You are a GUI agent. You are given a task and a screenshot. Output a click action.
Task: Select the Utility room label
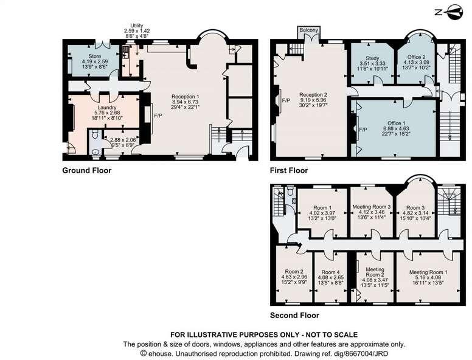click(136, 26)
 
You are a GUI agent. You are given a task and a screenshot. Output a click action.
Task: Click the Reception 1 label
click(188, 97)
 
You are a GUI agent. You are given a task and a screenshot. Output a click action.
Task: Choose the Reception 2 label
click(313, 95)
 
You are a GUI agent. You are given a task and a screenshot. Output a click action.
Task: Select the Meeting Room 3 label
click(372, 207)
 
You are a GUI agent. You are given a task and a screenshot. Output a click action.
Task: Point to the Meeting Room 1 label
click(428, 272)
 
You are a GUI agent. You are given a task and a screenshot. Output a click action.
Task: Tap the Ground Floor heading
click(87, 171)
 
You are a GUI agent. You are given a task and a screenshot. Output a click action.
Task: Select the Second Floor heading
click(295, 316)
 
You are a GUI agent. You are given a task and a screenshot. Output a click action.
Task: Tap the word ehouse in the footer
click(161, 352)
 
